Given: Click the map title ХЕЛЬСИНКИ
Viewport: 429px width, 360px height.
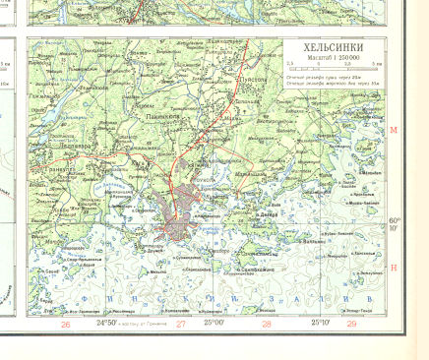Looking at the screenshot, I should (x=333, y=48).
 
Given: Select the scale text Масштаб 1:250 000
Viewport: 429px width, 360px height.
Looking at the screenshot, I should (x=333, y=60).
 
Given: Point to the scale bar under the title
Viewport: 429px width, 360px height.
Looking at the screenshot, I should (x=333, y=70).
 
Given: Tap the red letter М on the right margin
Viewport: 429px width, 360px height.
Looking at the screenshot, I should (x=393, y=130).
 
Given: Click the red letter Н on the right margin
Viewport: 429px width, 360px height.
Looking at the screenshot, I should (x=393, y=268).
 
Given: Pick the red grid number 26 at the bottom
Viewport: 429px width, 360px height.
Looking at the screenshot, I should (x=65, y=324).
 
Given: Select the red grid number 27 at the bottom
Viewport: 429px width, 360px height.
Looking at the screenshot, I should (x=180, y=324).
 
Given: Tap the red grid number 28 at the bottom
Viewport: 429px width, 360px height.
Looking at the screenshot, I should (x=266, y=324).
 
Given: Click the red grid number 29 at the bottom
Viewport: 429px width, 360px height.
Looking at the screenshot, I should (x=351, y=324).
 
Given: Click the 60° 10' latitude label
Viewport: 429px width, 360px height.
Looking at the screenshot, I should (x=394, y=224).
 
